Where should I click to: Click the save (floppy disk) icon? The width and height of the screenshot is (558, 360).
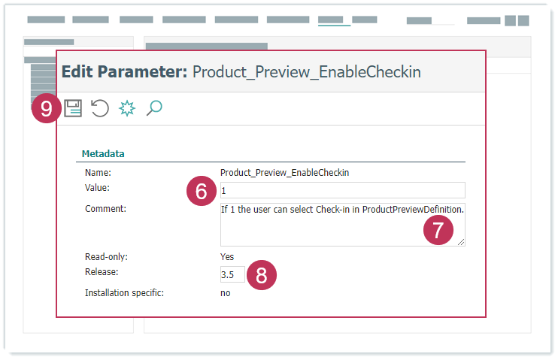[73, 108]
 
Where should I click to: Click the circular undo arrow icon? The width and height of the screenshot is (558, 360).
[99, 108]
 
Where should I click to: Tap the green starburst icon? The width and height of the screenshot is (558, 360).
[127, 108]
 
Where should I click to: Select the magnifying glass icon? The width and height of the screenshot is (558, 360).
[154, 107]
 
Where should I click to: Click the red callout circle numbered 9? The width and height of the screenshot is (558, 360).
[47, 108]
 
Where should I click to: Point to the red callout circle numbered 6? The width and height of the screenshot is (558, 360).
[202, 191]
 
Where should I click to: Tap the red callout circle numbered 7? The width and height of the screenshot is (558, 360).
[438, 230]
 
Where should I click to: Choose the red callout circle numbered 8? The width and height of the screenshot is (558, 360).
[262, 275]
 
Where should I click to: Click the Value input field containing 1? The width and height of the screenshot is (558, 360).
[343, 190]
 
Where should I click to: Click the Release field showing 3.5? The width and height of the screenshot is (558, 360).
[232, 274]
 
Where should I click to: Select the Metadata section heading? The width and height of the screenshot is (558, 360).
[103, 153]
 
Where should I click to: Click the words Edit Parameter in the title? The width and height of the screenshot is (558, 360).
[125, 72]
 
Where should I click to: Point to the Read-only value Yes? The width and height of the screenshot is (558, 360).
[227, 257]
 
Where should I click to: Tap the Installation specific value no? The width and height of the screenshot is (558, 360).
[226, 293]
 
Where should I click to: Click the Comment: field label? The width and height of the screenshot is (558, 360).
[106, 209]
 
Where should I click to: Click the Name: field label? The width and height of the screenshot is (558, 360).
[99, 173]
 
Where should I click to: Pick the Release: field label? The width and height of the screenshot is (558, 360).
[102, 272]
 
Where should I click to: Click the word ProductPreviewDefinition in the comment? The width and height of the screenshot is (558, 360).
[413, 210]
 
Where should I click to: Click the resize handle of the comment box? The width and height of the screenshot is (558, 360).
[461, 242]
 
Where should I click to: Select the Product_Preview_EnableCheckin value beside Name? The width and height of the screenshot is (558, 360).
[285, 173]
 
